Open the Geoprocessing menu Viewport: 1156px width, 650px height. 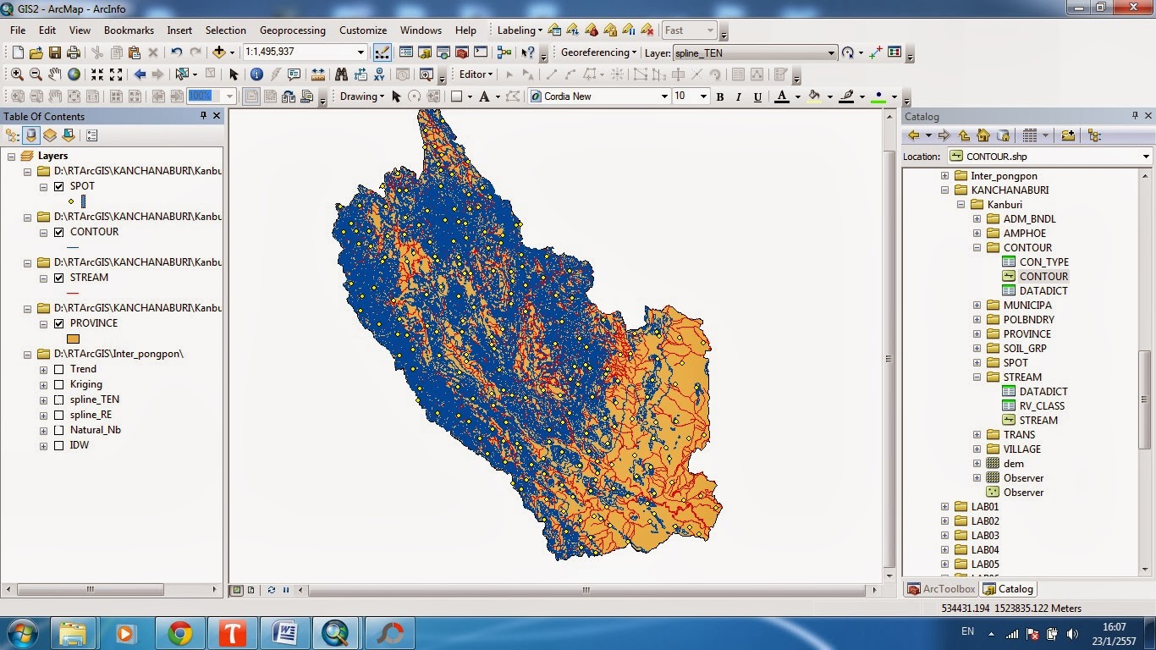292,30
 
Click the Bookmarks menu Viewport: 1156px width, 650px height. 129,30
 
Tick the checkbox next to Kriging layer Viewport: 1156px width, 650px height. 59,384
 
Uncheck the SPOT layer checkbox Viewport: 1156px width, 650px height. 59,186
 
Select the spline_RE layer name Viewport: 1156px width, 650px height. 91,415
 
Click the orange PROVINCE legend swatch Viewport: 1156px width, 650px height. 73,339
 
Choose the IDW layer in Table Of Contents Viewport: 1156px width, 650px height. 80,445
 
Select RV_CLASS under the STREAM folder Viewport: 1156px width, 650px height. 1042,405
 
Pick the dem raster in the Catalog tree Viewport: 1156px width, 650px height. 1013,463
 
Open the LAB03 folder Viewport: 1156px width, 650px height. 985,535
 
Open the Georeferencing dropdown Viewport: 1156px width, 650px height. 598,52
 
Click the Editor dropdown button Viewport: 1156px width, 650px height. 476,74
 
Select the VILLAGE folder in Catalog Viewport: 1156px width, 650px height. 1021,449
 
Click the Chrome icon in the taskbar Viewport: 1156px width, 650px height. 179,632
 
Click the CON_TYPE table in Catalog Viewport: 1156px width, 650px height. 1043,262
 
